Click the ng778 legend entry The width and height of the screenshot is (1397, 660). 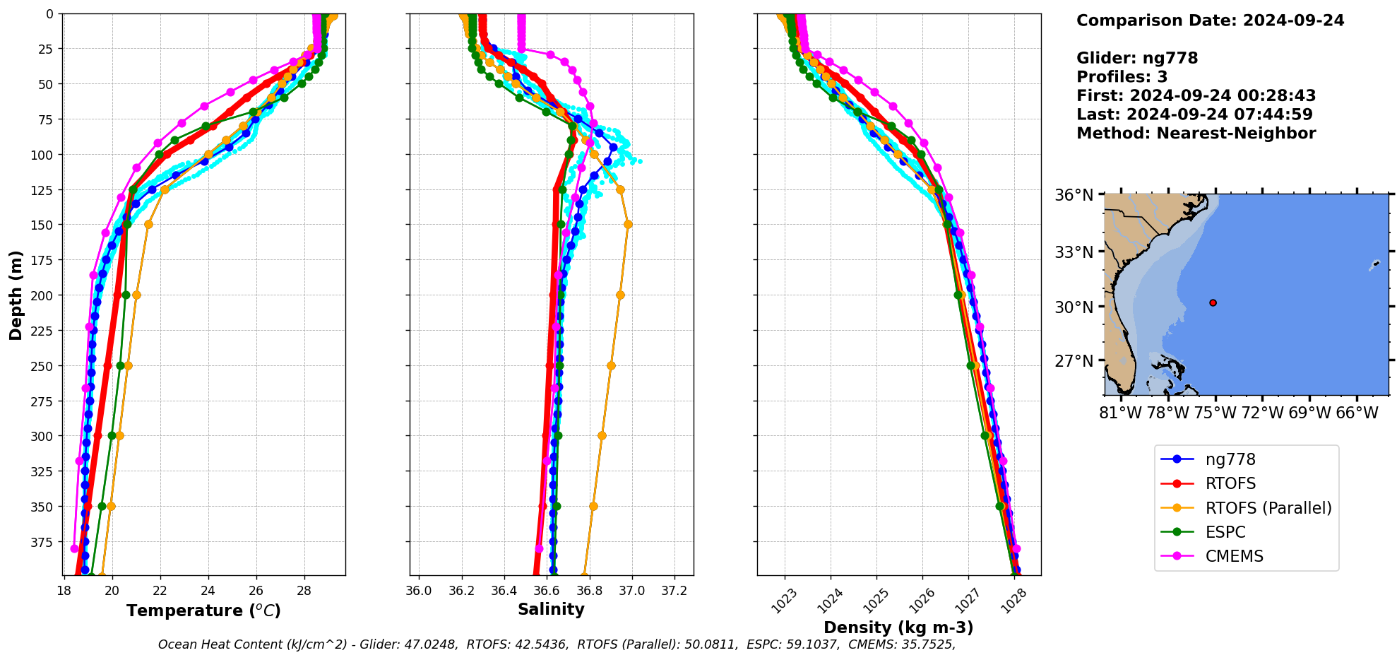click(x=1230, y=459)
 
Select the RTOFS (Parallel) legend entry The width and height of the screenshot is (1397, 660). click(x=1268, y=508)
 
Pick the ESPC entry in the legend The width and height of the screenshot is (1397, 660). click(x=1225, y=532)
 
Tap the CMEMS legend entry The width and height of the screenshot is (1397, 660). click(x=1234, y=556)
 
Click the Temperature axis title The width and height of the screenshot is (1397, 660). click(x=203, y=611)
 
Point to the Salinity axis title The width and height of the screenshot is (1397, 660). click(x=551, y=609)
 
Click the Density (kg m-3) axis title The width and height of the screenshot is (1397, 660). click(x=898, y=627)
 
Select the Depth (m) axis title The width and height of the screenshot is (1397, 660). click(x=16, y=295)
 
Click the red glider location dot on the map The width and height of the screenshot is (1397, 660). click(x=1213, y=302)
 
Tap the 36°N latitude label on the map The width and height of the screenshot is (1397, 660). click(x=1074, y=195)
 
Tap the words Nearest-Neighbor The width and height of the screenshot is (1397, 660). click(x=1236, y=134)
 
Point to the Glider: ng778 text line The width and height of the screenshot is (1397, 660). click(x=1137, y=58)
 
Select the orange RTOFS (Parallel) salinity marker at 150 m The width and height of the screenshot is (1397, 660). click(x=628, y=225)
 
